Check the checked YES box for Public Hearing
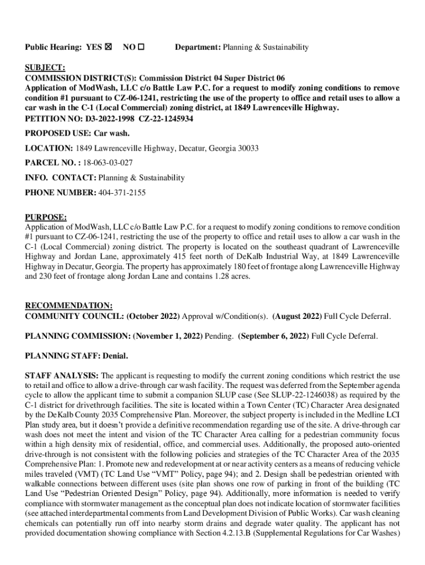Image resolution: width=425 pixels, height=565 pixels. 108,47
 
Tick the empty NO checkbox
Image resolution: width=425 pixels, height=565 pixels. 141,47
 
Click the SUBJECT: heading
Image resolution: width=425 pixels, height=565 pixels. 45,68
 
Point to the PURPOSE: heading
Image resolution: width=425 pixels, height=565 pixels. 46,217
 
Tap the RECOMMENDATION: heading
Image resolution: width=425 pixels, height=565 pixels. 69,306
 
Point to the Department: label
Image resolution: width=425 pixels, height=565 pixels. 198,47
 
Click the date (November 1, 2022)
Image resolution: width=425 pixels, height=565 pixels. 168,335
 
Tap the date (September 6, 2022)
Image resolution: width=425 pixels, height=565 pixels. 274,335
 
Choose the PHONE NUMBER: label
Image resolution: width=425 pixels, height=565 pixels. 60,193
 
